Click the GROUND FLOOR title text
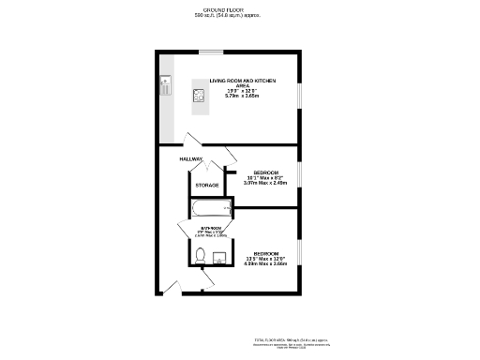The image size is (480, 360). (x=226, y=9)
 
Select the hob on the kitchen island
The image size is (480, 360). (x=199, y=94)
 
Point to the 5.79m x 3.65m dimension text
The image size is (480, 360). (x=242, y=97)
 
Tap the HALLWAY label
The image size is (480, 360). (x=191, y=159)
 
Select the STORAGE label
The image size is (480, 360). (x=207, y=186)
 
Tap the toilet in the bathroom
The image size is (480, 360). (x=200, y=256)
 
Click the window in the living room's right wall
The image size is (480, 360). (x=299, y=97)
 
